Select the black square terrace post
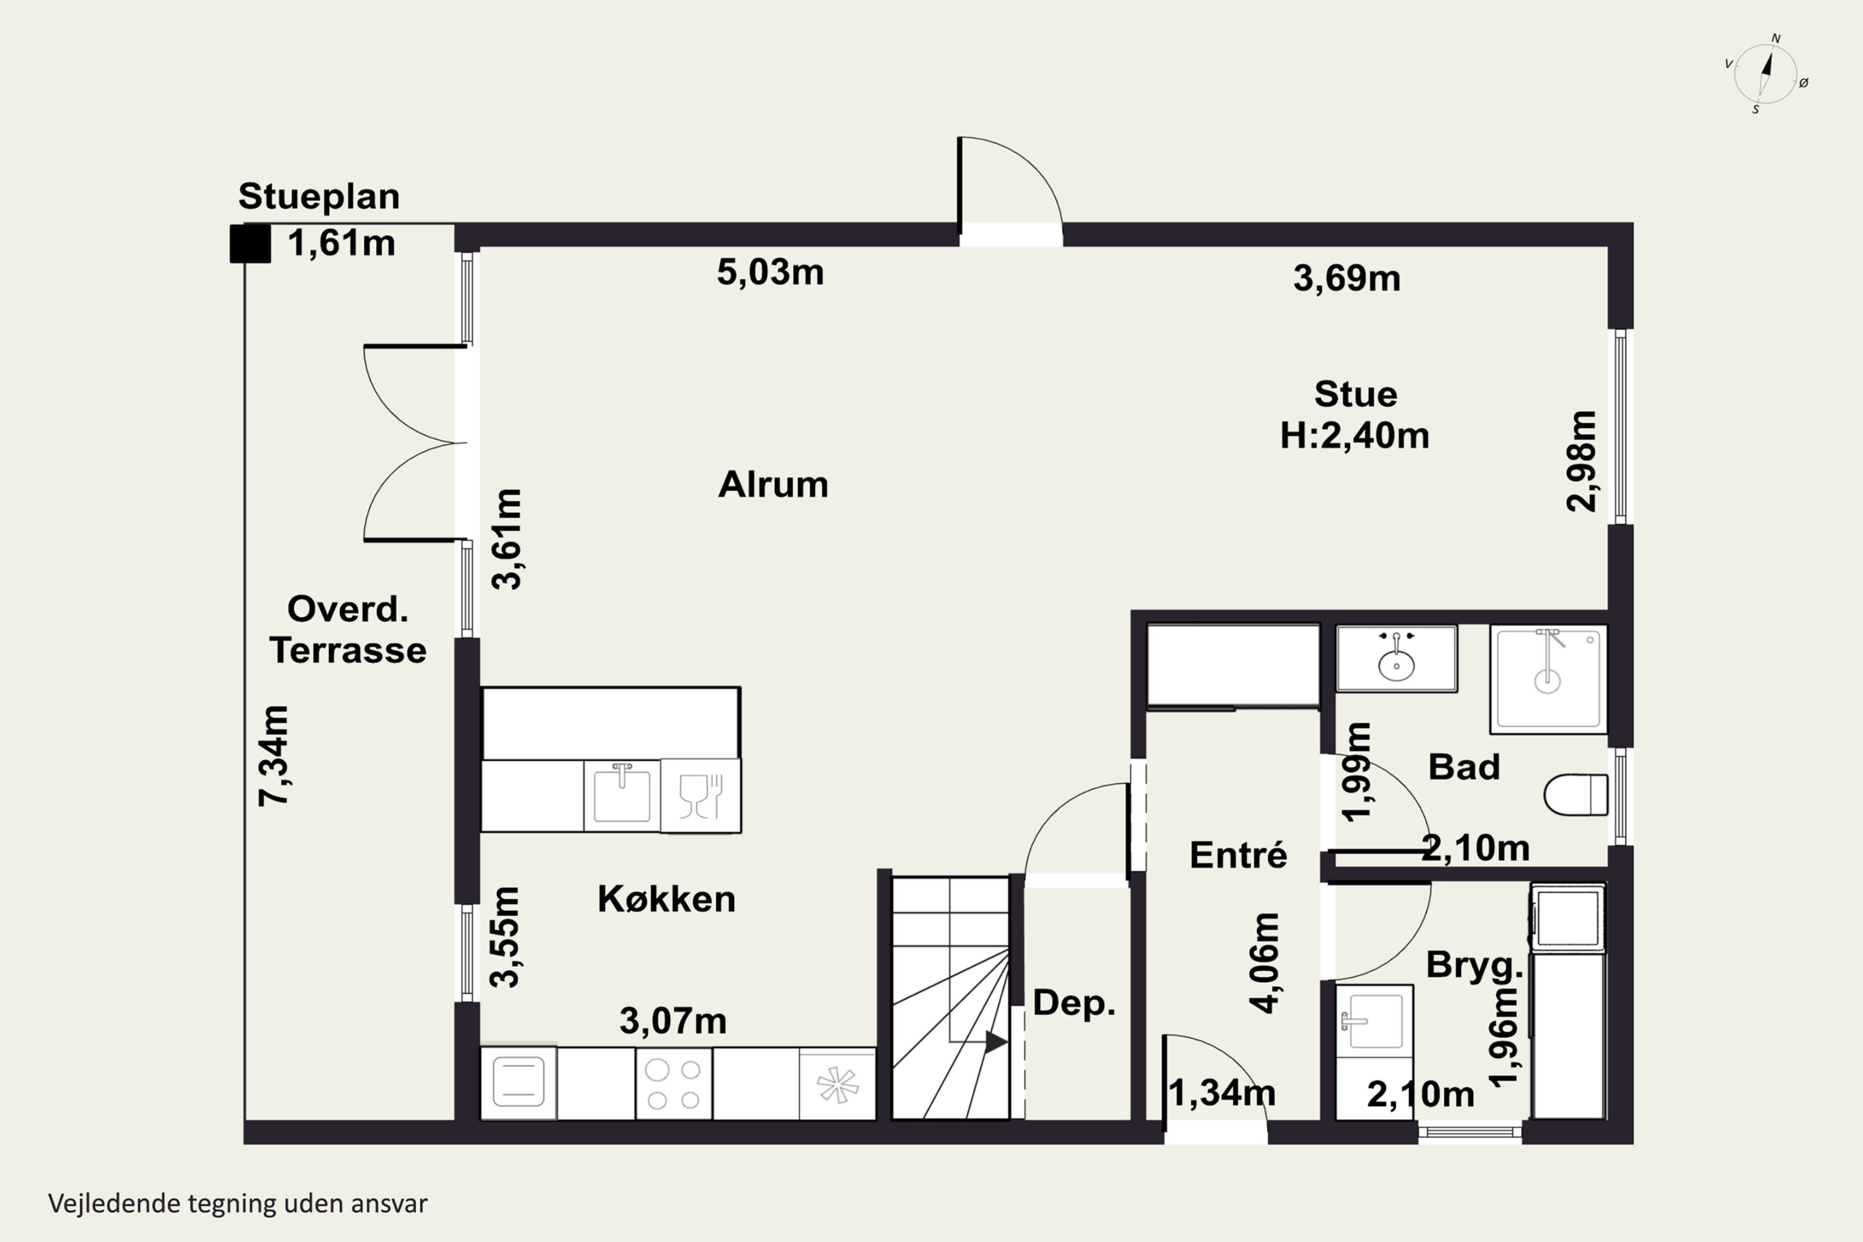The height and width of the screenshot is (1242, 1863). click(x=250, y=243)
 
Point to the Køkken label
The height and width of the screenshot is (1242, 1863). click(x=666, y=899)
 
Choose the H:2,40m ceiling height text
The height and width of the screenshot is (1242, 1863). click(x=1354, y=436)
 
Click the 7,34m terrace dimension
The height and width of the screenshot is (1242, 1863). click(x=274, y=756)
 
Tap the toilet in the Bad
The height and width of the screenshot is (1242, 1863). click(x=1575, y=794)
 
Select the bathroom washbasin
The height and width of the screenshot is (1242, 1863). click(x=1397, y=659)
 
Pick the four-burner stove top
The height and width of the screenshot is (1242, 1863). click(x=673, y=1084)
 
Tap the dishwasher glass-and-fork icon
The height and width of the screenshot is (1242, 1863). click(x=701, y=796)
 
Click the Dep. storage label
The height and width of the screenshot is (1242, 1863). click(x=1074, y=1003)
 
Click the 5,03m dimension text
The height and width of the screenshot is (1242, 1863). click(x=770, y=273)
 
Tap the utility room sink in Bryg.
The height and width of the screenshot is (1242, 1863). click(x=1374, y=1021)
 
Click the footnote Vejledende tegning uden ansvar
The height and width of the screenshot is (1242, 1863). click(x=238, y=1204)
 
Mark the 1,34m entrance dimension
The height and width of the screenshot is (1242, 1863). click(x=1222, y=1094)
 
